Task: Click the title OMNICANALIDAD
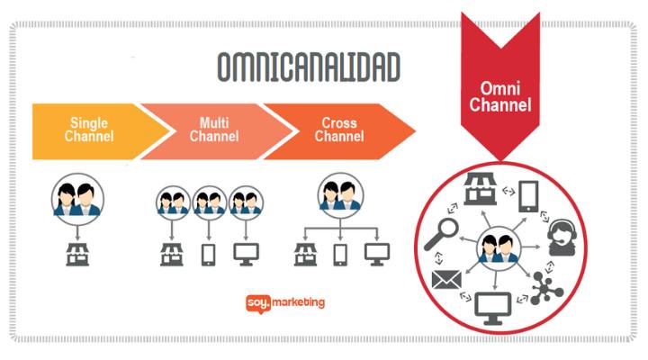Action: click(x=309, y=68)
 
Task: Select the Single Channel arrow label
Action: click(x=90, y=130)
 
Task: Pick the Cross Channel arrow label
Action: click(x=339, y=130)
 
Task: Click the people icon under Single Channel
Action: click(x=77, y=200)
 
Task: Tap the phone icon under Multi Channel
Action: click(x=209, y=255)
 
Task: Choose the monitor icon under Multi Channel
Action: click(x=246, y=255)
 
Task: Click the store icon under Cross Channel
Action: click(x=304, y=255)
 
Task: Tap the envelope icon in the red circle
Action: click(x=445, y=280)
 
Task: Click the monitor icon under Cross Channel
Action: click(x=376, y=255)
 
